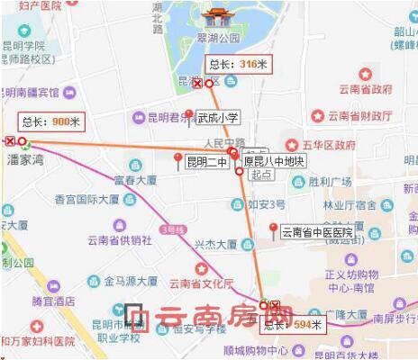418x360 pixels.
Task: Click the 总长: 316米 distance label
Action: click(x=238, y=65)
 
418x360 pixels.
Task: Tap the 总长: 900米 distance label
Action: click(x=51, y=121)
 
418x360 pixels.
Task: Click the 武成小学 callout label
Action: click(x=218, y=117)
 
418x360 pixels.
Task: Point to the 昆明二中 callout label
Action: click(x=207, y=163)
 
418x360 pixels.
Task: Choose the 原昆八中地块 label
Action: click(x=275, y=163)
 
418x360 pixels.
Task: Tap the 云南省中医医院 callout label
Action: click(x=317, y=232)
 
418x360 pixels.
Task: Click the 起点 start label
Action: click(x=262, y=175)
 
